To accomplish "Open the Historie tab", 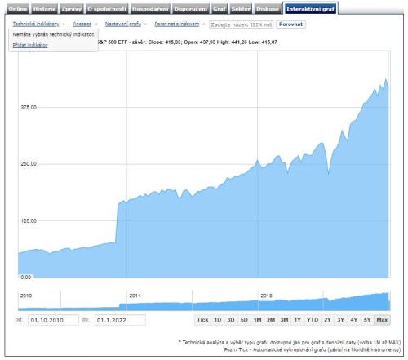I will [x=45, y=8].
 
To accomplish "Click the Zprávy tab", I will [x=72, y=8].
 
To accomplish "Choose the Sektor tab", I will [x=242, y=8].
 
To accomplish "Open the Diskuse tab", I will [x=267, y=8].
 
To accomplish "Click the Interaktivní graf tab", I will [x=310, y=8].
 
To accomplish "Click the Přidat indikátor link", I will [x=30, y=45].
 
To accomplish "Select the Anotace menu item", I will [x=82, y=24].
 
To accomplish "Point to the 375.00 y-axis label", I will [x=29, y=106].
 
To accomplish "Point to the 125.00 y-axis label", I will [x=29, y=220].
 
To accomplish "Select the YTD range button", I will [x=313, y=319].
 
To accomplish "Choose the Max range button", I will [x=382, y=319].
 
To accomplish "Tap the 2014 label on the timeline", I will [x=135, y=295].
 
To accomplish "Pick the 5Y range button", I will [x=366, y=319].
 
